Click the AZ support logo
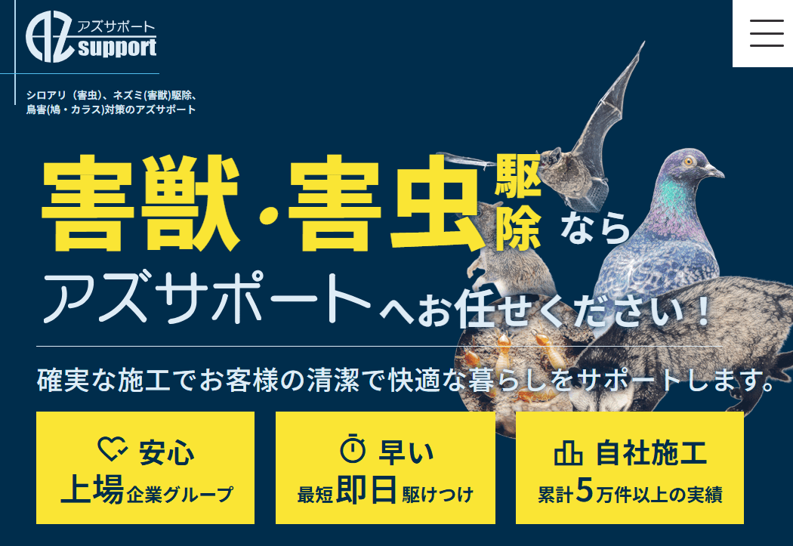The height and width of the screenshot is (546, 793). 91,38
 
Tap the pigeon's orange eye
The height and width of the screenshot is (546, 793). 688,161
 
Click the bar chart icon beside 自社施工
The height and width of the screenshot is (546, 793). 568,452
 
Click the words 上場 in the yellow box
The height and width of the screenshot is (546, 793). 92,492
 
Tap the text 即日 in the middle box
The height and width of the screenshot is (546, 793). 367,492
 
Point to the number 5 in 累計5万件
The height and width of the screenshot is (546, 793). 585,492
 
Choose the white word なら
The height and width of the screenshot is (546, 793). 595,227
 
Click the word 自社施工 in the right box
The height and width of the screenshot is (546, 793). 651,452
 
